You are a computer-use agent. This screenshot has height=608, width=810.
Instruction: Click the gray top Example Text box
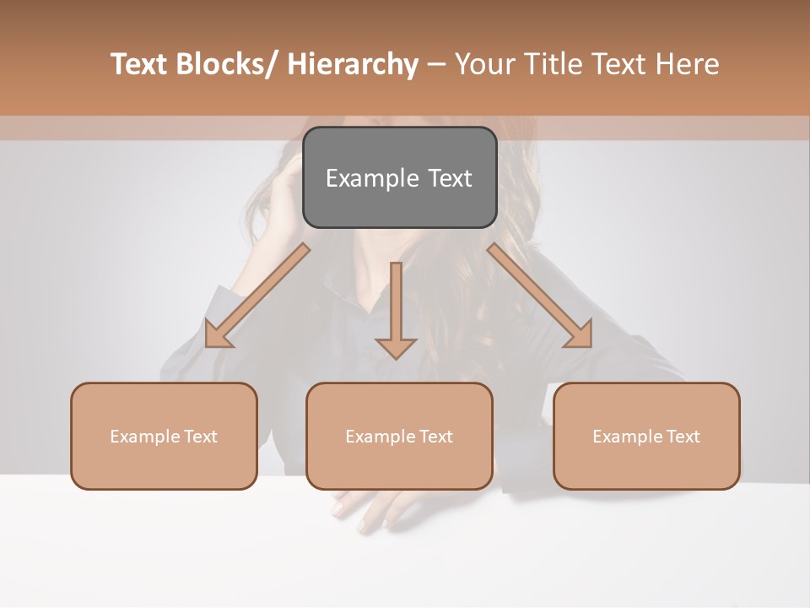399,177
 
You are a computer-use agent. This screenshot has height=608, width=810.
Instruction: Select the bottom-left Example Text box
164,436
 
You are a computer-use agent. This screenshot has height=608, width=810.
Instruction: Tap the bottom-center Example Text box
399,436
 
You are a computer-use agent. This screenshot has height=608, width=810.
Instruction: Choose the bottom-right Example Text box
646,436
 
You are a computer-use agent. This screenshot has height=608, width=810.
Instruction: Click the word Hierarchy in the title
353,64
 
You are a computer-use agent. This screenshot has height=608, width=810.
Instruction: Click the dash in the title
436,65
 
